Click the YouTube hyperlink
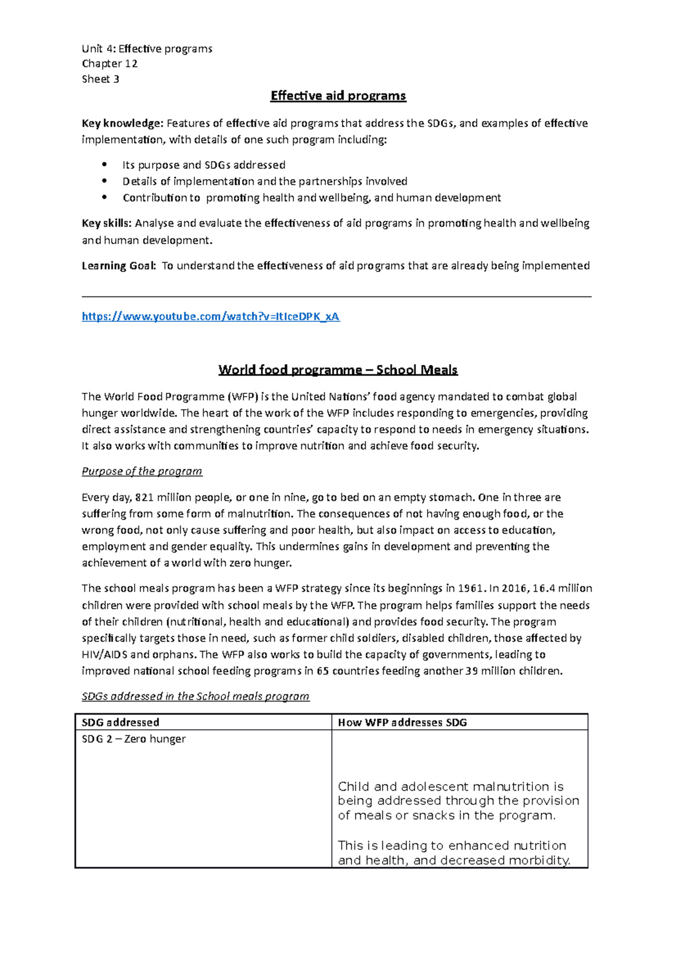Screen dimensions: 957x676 click(x=211, y=317)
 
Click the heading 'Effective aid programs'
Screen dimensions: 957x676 click(x=338, y=96)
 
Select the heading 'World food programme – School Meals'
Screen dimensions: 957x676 click(x=338, y=370)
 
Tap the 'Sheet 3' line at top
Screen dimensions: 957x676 click(x=100, y=79)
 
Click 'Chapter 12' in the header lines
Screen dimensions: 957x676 click(x=110, y=64)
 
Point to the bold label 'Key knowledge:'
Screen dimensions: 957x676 click(x=122, y=123)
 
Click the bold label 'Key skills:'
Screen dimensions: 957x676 click(x=107, y=223)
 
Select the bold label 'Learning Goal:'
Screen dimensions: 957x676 click(x=118, y=266)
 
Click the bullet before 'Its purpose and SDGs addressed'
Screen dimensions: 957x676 click(x=104, y=165)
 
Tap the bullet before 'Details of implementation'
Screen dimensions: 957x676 click(x=104, y=181)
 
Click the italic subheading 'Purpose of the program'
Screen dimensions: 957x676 click(x=142, y=471)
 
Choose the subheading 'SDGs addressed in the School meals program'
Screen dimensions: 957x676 click(x=195, y=697)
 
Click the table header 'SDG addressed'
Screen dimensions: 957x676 click(x=121, y=723)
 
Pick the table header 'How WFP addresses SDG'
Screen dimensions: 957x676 click(x=402, y=723)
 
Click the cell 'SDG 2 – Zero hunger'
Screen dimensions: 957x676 click(x=134, y=739)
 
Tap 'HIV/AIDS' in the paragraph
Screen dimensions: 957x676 click(x=105, y=655)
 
